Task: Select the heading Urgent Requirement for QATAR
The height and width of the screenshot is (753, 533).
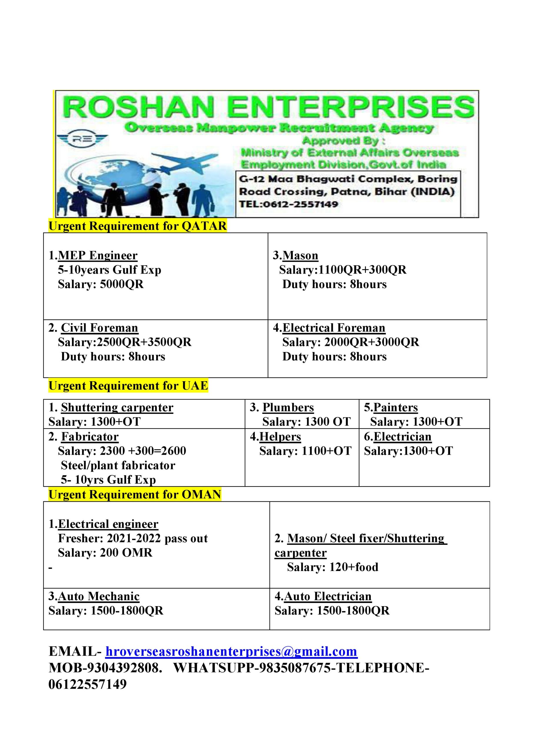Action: click(137, 226)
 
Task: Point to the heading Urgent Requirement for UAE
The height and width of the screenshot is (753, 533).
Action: click(128, 386)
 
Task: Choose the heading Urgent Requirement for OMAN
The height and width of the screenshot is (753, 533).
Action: click(135, 494)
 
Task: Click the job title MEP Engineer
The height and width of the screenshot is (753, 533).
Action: click(97, 256)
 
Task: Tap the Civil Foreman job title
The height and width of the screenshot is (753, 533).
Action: click(99, 328)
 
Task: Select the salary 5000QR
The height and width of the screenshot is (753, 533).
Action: click(122, 284)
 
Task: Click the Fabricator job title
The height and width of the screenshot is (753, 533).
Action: click(89, 437)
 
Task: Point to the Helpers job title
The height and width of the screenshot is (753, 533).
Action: click(280, 437)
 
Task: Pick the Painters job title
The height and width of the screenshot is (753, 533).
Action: click(396, 408)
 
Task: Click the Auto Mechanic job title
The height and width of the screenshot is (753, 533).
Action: click(99, 596)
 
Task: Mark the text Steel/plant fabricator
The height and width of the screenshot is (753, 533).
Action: click(118, 465)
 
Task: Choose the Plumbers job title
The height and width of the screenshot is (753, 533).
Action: click(288, 408)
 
